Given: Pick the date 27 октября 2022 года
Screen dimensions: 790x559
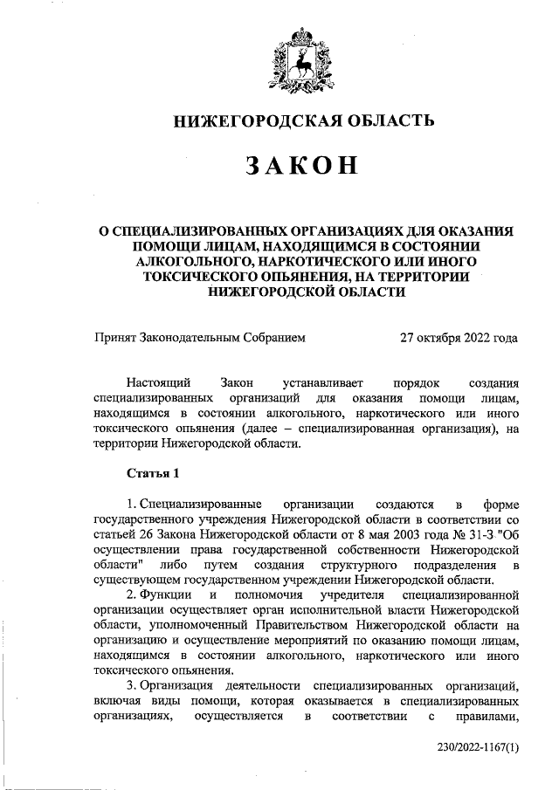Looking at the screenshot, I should (x=459, y=337).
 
